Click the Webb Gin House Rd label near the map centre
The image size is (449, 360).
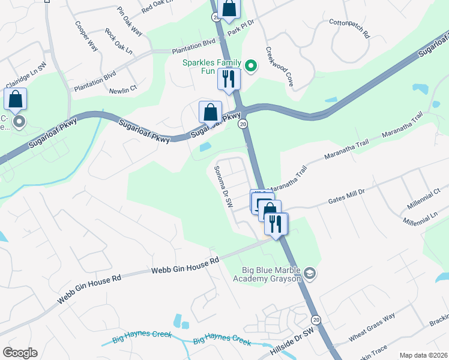coord(185,267)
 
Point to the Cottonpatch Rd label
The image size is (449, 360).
coord(349,29)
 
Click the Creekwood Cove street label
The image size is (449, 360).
coord(279,65)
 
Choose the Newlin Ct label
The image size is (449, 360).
coord(124,91)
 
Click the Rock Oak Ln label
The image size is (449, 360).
coord(118,41)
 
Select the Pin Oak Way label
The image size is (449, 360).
coord(130,22)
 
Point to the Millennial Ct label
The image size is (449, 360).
coord(424,199)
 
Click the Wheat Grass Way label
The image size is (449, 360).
coord(372,328)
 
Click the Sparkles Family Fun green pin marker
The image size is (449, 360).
coord(252,66)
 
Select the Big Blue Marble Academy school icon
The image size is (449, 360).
coord(310,274)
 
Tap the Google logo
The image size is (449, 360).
coord(20,353)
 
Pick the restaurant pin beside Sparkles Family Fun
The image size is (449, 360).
coord(229,79)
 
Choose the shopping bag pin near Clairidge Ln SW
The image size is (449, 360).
coord(16,99)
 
